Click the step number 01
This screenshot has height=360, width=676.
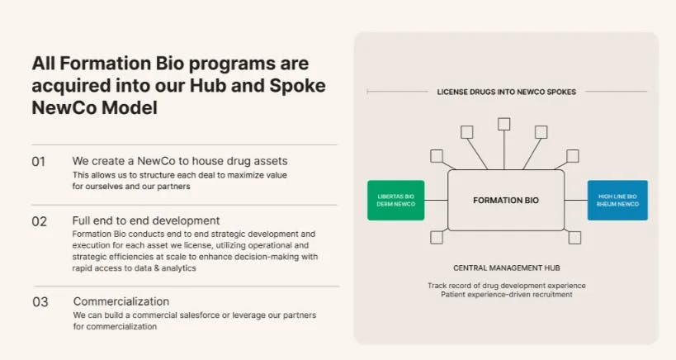[39, 162]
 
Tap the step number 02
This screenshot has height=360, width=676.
[40, 221]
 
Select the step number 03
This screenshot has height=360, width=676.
[40, 302]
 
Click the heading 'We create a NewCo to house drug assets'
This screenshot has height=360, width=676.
[180, 161]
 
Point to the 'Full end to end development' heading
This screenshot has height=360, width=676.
[146, 220]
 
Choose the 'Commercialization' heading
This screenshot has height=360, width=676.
[121, 301]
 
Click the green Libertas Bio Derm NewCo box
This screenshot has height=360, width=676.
[395, 201]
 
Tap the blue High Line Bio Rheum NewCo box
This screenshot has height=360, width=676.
[617, 201]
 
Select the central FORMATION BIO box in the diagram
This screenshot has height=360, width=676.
[506, 201]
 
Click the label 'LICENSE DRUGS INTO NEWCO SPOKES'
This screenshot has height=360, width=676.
[507, 92]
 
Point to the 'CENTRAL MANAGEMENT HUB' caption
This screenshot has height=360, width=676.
[506, 268]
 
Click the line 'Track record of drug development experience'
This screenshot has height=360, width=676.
[507, 286]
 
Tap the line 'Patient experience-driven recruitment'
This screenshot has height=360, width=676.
[507, 295]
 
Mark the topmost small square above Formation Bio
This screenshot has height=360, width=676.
[503, 124]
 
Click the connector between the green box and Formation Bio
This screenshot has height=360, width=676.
[436, 200]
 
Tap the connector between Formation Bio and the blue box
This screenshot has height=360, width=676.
[576, 200]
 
